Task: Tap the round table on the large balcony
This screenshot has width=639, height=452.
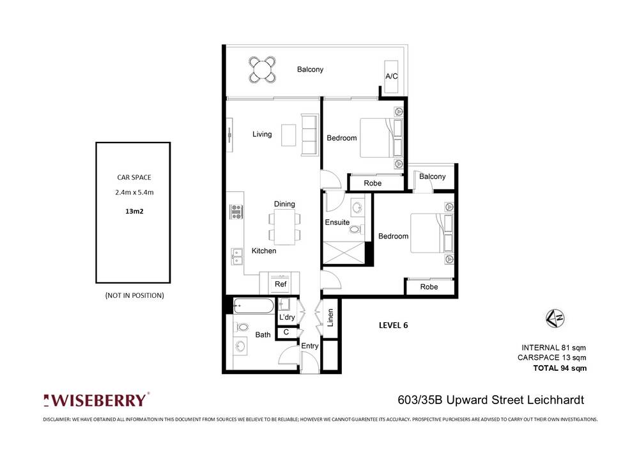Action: coord(263,69)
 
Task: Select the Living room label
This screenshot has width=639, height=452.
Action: coord(262,134)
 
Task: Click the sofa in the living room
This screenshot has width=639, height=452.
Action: coord(309,134)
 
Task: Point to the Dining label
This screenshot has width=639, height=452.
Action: coord(284,204)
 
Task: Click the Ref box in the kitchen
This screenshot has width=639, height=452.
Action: coord(280,284)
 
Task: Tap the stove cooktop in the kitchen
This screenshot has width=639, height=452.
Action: coord(236,212)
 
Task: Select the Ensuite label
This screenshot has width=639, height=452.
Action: coord(337,222)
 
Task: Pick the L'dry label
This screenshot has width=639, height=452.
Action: coord(286,318)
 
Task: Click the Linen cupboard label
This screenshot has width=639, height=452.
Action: coord(330,319)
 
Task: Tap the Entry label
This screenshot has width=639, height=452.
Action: coord(310,346)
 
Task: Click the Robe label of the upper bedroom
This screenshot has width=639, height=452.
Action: coord(373,183)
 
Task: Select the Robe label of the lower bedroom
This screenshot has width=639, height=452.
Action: coord(429,287)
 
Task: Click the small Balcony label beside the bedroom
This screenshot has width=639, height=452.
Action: coord(433,176)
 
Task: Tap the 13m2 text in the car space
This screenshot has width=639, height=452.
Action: coord(134,209)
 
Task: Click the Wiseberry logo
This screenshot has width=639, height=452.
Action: coord(96,400)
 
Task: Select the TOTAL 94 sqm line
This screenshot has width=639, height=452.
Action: coord(560,368)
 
